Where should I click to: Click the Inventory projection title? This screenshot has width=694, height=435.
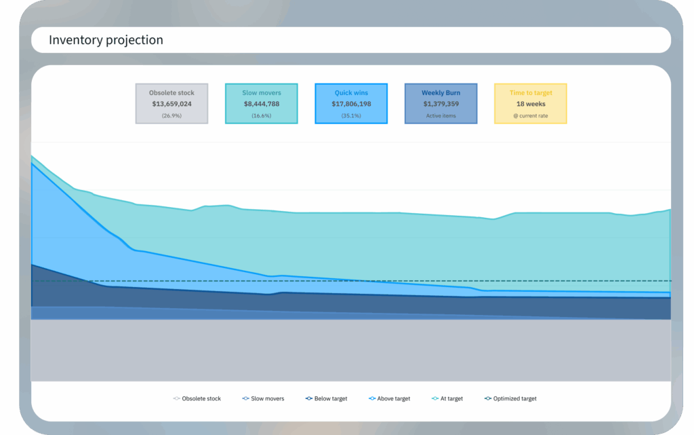[106, 41]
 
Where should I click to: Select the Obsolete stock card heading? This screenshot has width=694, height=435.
[171, 93]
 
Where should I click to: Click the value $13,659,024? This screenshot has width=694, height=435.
[171, 104]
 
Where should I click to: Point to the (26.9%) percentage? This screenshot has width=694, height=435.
[171, 115]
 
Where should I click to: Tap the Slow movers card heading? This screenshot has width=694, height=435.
[262, 93]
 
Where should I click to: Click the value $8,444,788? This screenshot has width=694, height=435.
[262, 104]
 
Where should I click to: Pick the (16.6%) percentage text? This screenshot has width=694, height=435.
[262, 115]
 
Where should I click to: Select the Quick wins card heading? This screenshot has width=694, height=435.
[351, 93]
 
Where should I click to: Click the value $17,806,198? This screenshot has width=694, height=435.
[351, 104]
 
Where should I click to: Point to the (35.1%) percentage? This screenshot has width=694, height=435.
[351, 115]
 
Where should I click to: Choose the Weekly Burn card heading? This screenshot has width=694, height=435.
[441, 93]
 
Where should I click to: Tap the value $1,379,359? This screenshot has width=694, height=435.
[441, 104]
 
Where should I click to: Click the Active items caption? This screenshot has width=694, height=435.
[441, 115]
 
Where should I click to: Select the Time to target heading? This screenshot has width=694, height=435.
[531, 93]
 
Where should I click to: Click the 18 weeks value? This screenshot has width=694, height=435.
[531, 104]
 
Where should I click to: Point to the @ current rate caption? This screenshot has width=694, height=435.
[531, 115]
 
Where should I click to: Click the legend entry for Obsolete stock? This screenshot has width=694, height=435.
[197, 398]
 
